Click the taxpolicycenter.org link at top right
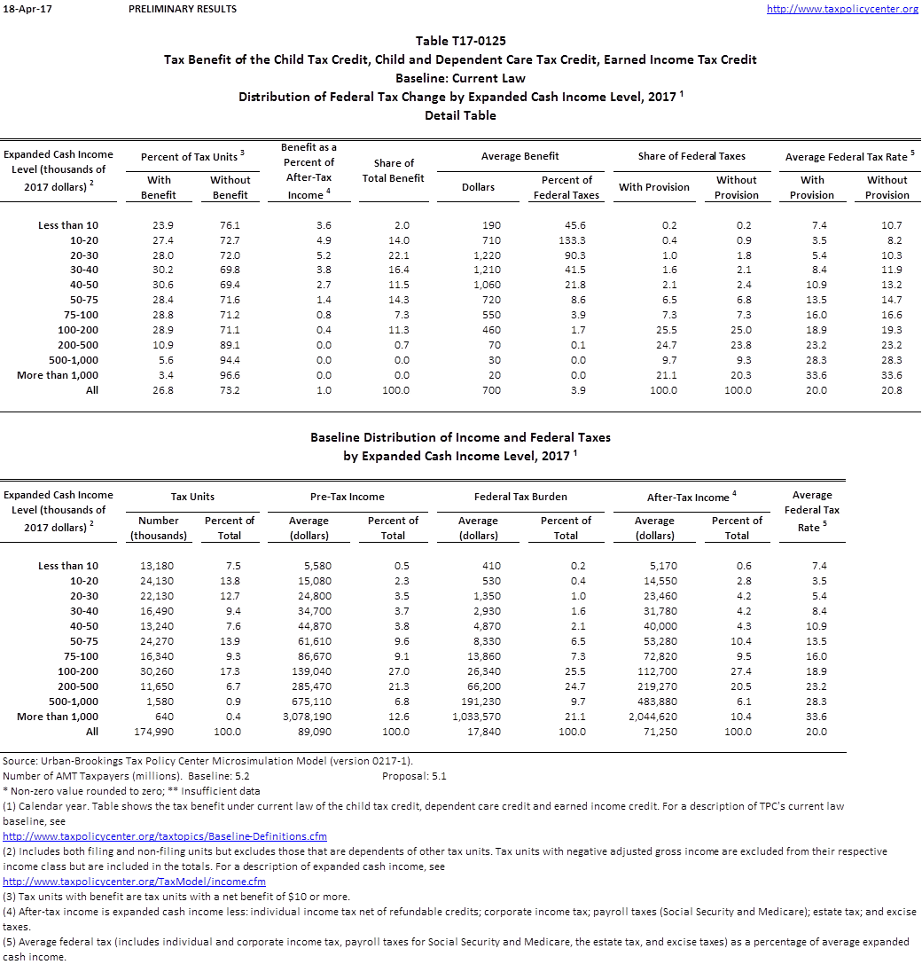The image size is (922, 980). pyautogui.click(x=841, y=9)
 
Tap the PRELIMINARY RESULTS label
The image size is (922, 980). pyautogui.click(x=183, y=9)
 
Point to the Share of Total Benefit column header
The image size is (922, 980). pyautogui.click(x=394, y=170)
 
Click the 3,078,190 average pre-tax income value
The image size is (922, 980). pyautogui.click(x=309, y=717)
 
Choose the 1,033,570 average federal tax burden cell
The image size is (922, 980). pyautogui.click(x=476, y=717)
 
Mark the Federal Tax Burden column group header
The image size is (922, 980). pyautogui.click(x=520, y=497)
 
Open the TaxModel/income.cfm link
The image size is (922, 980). pyautogui.click(x=135, y=882)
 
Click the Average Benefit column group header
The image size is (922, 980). pyautogui.click(x=520, y=156)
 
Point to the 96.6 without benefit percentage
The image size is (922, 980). pyautogui.click(x=230, y=375)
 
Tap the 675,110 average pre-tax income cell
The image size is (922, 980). pyautogui.click(x=310, y=702)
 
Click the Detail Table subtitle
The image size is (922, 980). pyautogui.click(x=460, y=115)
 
